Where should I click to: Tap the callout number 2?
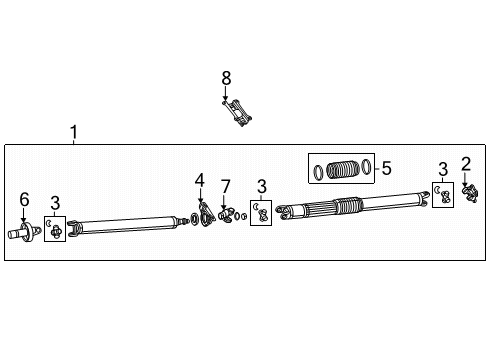pyautogui.click(x=466, y=163)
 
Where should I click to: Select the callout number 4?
pyautogui.click(x=200, y=180)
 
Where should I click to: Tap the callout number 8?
pyautogui.click(x=226, y=77)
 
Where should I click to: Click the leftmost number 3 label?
pyautogui.click(x=56, y=204)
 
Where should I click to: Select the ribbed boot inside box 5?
pyautogui.click(x=343, y=169)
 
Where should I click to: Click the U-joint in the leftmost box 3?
pyautogui.click(x=56, y=231)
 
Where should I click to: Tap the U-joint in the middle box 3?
pyautogui.click(x=262, y=214)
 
